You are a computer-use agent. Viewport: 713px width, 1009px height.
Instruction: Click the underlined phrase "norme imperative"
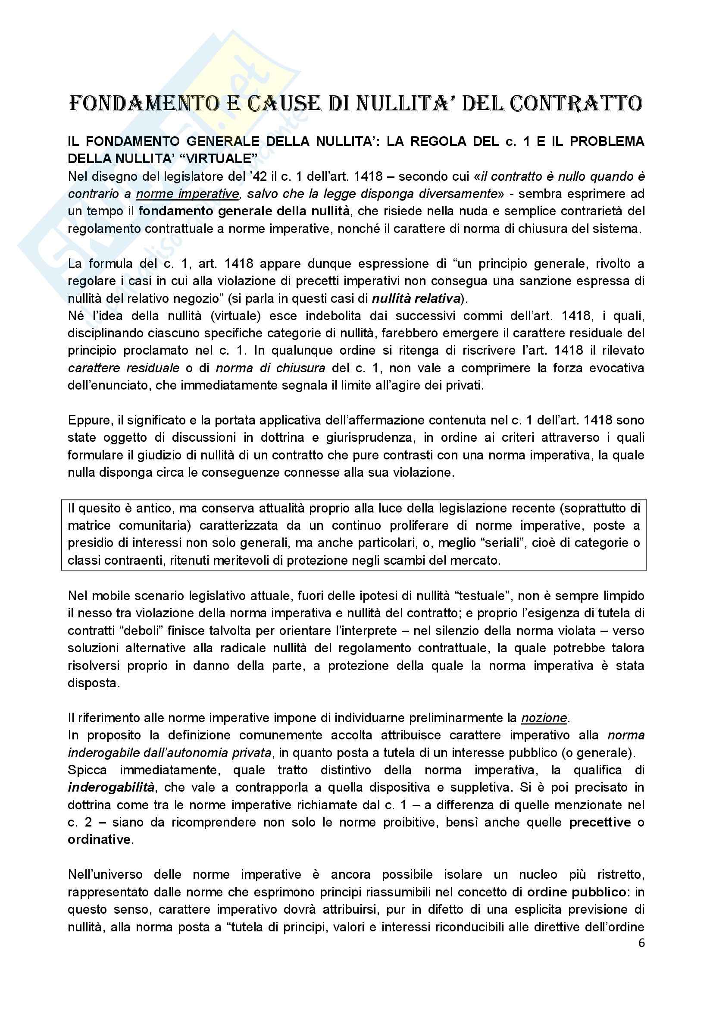(x=188, y=194)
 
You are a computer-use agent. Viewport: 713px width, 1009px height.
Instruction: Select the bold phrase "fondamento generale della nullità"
(x=244, y=211)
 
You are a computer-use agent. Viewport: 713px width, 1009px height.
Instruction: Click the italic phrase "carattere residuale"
(x=124, y=368)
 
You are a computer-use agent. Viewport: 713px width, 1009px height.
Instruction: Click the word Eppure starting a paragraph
(x=90, y=420)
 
